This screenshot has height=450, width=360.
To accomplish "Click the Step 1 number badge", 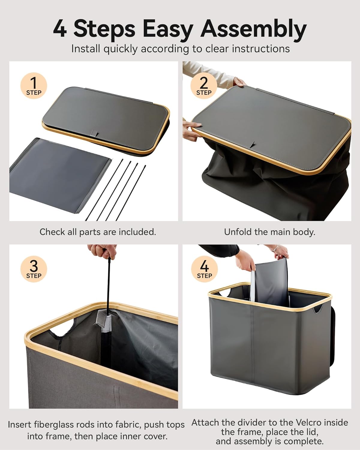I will point(34,86).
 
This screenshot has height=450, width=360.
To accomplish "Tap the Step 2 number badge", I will point(204,86).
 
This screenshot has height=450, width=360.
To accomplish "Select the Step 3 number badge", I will point(34,269).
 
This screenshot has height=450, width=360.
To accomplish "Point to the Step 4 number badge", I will point(204,269).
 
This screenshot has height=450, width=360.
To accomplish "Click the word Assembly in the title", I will point(253,29).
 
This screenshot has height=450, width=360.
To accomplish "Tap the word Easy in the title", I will point(166,29).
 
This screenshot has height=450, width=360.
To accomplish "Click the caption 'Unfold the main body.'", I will point(269,232).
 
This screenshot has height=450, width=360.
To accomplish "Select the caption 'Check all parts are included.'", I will point(98,232).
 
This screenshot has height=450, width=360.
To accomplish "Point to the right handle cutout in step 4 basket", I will point(317,309).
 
